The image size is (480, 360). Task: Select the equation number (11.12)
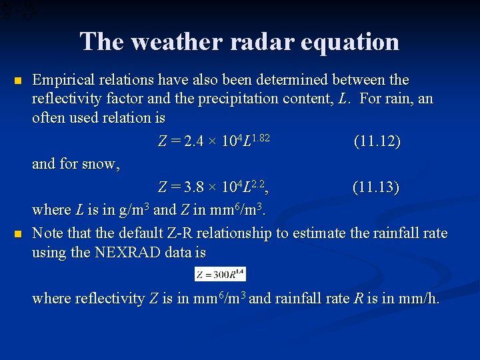click(377, 141)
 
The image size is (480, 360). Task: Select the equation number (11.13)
click(376, 187)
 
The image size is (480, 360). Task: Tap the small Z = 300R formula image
click(220, 273)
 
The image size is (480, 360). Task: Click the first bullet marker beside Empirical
click(18, 81)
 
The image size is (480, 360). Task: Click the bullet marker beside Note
click(18, 234)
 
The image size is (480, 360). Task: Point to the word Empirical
click(61, 81)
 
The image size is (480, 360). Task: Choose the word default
click(143, 233)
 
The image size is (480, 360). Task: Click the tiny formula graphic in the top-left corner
click(19, 10)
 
